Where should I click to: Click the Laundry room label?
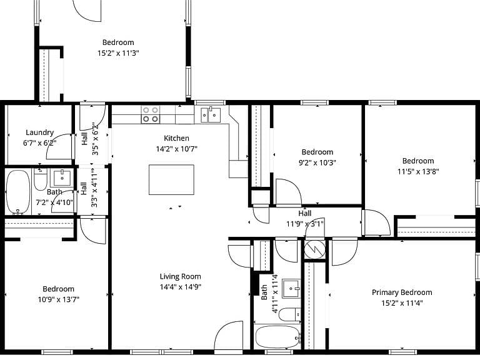coord(39,132)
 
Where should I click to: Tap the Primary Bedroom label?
coord(402,292)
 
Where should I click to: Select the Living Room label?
coord(180,276)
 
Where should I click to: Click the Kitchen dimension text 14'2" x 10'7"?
coord(177,149)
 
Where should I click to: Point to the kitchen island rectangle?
coord(171,180)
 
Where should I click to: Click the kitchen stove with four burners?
coord(150,114)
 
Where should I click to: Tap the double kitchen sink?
coord(211,114)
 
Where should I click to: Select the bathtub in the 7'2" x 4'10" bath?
coord(18,192)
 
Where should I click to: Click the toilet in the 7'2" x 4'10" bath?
coord(41,180)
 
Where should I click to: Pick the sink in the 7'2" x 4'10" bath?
coord(62,178)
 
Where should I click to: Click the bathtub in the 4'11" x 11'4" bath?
coord(277,337)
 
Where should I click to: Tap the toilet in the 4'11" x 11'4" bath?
coord(289,314)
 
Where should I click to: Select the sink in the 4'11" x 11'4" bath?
coord(291,288)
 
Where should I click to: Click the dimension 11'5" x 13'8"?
coord(418,171)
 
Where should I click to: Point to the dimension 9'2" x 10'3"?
coord(317,162)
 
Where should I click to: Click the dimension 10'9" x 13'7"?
coord(59,299)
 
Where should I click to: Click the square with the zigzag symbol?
coord(315,250)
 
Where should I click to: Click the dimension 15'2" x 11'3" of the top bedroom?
coord(118,53)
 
